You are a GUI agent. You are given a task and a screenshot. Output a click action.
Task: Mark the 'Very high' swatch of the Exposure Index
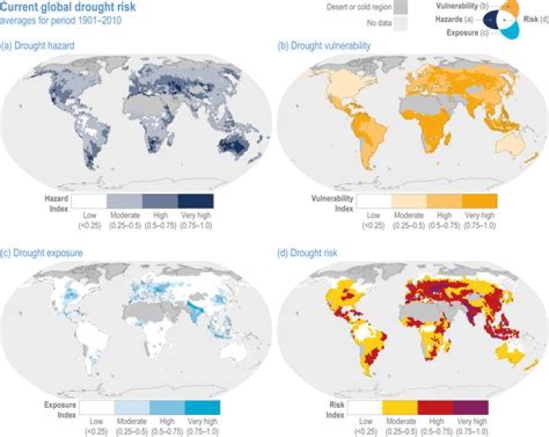point(202,407)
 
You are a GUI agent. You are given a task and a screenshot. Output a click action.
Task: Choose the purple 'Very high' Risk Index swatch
point(470,407)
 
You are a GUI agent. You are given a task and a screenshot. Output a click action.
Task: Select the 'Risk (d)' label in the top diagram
point(535,18)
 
